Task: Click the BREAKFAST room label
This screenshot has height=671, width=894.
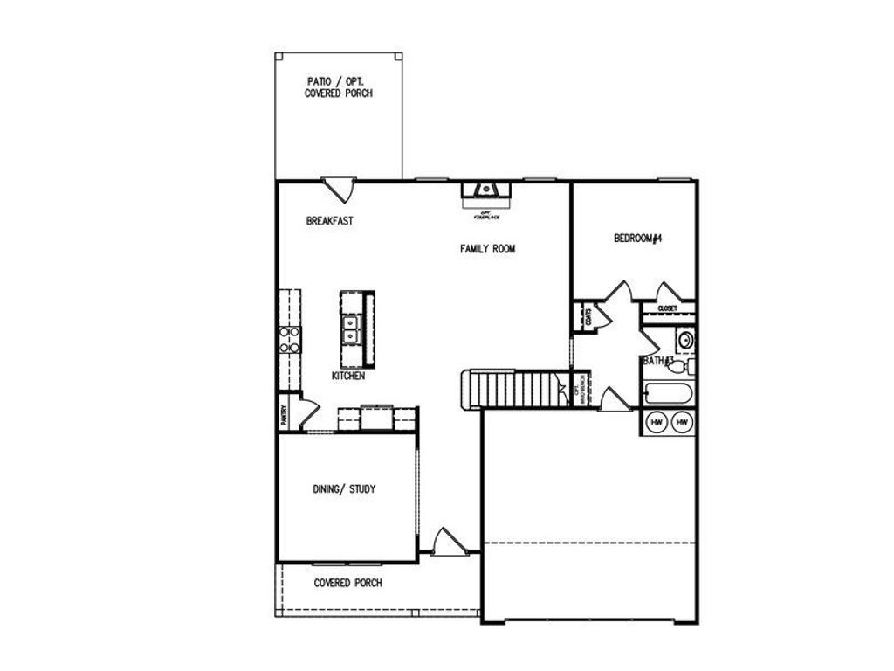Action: [x=329, y=222]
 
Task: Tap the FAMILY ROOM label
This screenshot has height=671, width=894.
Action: [x=488, y=249]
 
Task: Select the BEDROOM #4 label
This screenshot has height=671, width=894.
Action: [x=638, y=238]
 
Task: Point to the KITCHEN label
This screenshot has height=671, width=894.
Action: [x=347, y=376]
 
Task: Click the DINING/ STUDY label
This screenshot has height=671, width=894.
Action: [x=344, y=489]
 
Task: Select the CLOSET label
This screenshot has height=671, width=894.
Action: [x=668, y=308]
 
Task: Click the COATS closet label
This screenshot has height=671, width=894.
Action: [x=589, y=316]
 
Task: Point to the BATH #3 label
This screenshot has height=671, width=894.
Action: [x=657, y=360]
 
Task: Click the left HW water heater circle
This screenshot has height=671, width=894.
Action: [x=657, y=423]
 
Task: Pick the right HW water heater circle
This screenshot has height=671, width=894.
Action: [x=683, y=423]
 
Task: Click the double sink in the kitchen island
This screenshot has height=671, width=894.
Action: [x=353, y=330]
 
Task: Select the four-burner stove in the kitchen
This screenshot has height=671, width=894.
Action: [x=289, y=339]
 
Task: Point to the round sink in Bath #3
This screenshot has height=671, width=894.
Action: [x=684, y=338]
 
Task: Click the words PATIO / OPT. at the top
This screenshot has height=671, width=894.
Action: [x=338, y=80]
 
